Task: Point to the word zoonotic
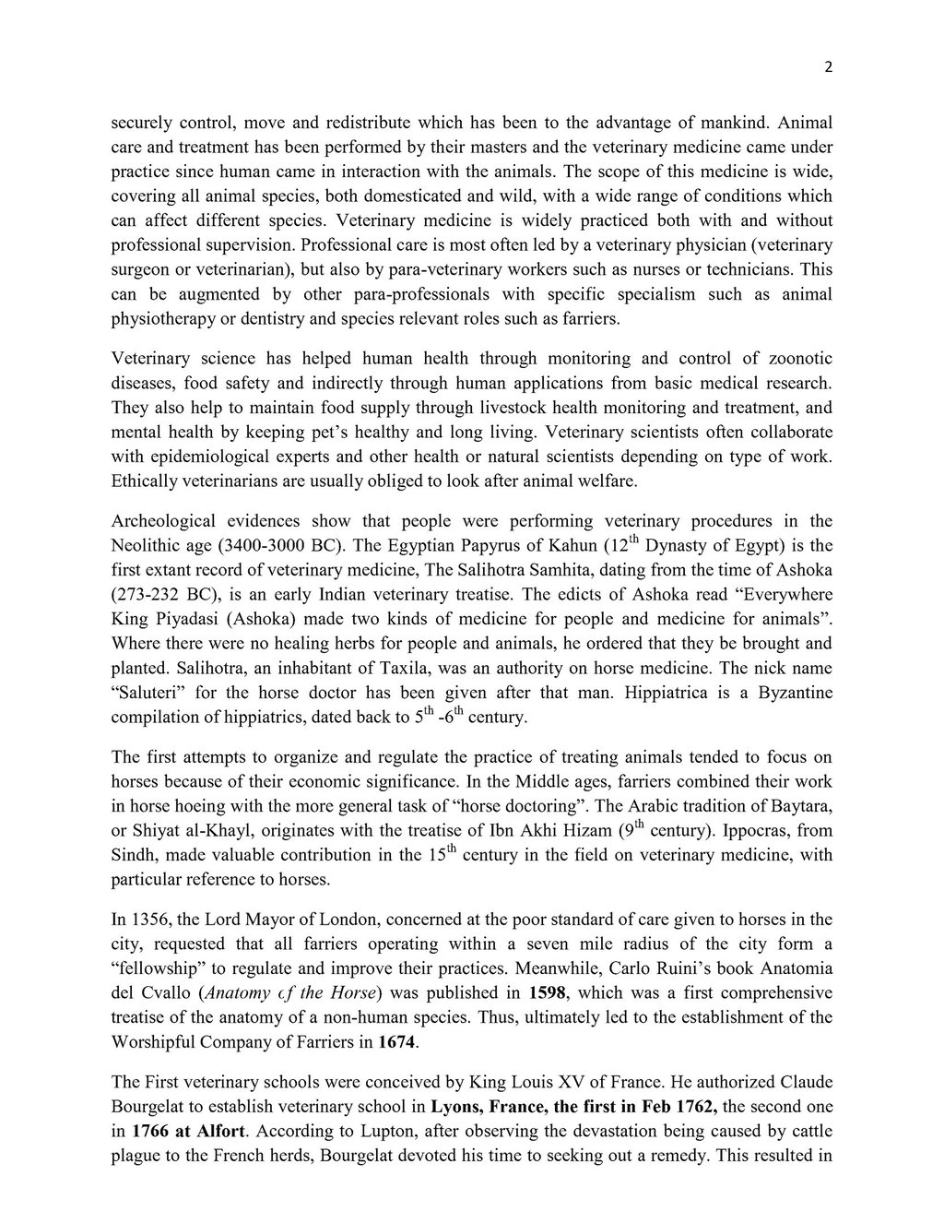(x=795, y=359)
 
